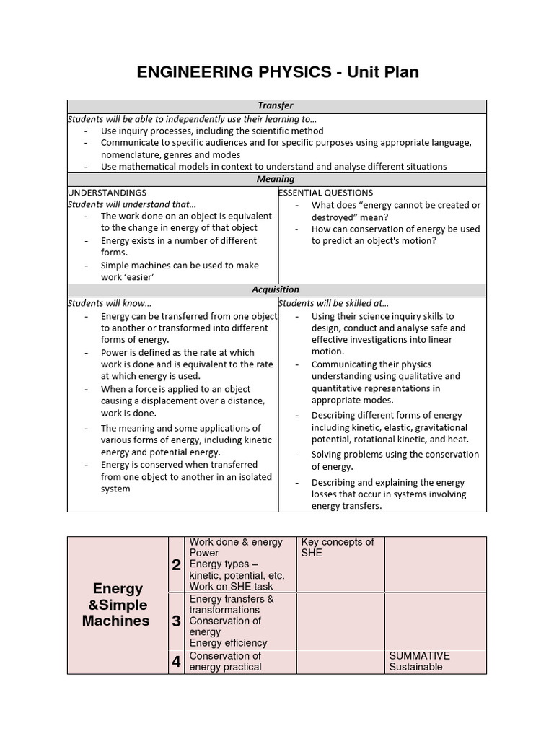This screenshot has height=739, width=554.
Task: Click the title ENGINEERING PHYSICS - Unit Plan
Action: [x=277, y=72]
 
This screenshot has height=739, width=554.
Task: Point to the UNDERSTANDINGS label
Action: [x=107, y=193]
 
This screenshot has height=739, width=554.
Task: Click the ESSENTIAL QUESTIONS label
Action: [x=326, y=193]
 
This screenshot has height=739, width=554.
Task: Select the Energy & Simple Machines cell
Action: [x=116, y=605]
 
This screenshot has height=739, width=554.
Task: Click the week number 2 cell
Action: [x=176, y=565]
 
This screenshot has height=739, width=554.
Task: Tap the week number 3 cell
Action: [x=176, y=621]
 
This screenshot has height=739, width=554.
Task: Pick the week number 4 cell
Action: [x=176, y=662]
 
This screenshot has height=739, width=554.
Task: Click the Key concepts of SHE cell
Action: [x=337, y=547]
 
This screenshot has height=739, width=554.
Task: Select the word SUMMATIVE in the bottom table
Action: [x=419, y=656]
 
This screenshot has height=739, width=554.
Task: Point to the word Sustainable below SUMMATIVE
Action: [x=415, y=667]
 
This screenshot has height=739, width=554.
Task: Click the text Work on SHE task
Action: [x=231, y=587]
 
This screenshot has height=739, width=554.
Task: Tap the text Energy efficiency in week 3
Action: [x=228, y=643]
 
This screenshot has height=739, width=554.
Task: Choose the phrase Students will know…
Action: [x=110, y=303]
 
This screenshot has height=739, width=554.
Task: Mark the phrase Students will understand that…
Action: [x=132, y=204]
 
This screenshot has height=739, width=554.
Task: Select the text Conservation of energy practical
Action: [x=225, y=661]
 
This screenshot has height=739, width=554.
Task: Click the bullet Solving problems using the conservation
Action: [x=395, y=455]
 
